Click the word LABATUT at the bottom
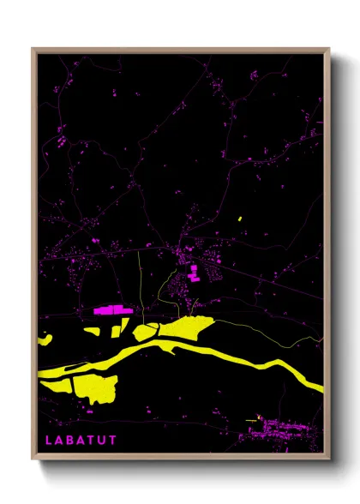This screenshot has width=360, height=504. click(x=81, y=440)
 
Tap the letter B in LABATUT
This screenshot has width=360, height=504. click(x=69, y=440)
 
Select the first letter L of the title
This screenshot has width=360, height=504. click(x=48, y=440)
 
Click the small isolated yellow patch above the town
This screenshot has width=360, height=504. click(x=240, y=219)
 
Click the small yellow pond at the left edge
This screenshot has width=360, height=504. click(x=45, y=340)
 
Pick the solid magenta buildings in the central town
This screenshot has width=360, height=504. click(x=194, y=273)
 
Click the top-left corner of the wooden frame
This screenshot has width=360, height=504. click(x=33, y=49)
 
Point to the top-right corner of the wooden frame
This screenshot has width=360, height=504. click(x=328, y=49)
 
